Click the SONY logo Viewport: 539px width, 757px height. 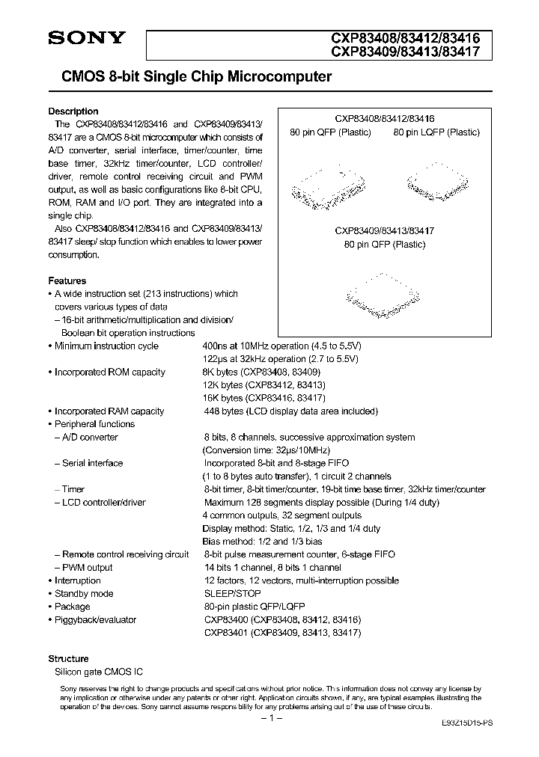(87, 38)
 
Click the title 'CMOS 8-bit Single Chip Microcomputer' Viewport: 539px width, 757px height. (190, 77)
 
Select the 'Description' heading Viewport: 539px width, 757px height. (73, 111)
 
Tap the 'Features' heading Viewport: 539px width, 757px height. (67, 281)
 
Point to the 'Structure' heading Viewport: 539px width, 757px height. (69, 658)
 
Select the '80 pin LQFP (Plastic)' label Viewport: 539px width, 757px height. (436, 132)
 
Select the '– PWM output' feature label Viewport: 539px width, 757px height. (83, 568)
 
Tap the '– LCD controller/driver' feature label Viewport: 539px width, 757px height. (100, 503)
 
